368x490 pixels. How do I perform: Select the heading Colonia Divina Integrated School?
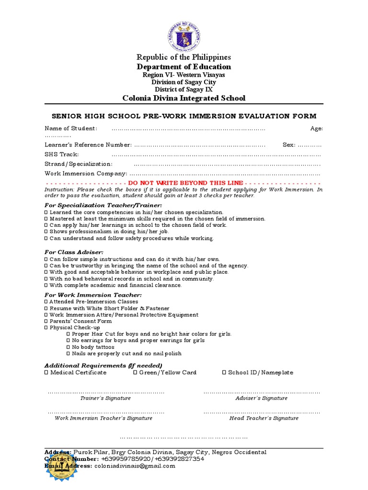tap(184, 98)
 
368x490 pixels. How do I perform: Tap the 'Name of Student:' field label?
tap(71, 128)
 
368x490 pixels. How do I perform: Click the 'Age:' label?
tap(317, 128)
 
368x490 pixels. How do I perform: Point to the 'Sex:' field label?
tap(289, 145)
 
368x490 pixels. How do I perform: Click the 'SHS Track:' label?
tap(62, 154)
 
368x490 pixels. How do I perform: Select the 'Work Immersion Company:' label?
tap(86, 174)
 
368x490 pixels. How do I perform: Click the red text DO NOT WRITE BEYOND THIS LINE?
tap(185, 183)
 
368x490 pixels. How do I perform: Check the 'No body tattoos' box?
tap(69, 347)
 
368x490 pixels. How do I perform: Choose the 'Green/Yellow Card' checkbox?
tap(136, 372)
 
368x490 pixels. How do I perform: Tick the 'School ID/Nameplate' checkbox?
tap(224, 372)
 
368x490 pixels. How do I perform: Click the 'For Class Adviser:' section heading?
tap(74, 252)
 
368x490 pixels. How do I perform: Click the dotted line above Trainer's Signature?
tap(106, 392)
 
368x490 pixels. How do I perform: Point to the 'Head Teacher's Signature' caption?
tap(264, 418)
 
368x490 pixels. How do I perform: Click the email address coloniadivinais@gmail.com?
tap(135, 466)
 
